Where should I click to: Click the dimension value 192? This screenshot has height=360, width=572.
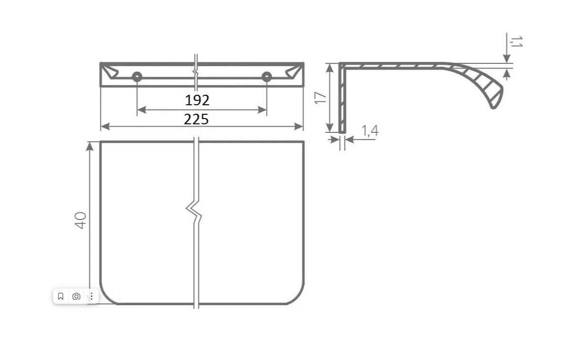(x=197, y=100)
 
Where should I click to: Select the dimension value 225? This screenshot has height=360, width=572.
(x=196, y=120)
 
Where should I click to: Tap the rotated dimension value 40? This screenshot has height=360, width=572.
(x=80, y=220)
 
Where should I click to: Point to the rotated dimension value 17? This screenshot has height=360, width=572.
(x=320, y=98)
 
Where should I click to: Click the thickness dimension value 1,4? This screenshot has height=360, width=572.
(x=370, y=130)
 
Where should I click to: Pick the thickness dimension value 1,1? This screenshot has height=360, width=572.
(x=516, y=42)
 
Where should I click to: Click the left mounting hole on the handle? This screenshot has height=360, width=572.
(x=137, y=77)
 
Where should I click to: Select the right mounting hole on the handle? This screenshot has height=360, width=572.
(x=266, y=77)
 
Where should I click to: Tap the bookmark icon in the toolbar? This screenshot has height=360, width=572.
(x=60, y=296)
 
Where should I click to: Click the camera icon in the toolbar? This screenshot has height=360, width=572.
(x=76, y=296)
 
